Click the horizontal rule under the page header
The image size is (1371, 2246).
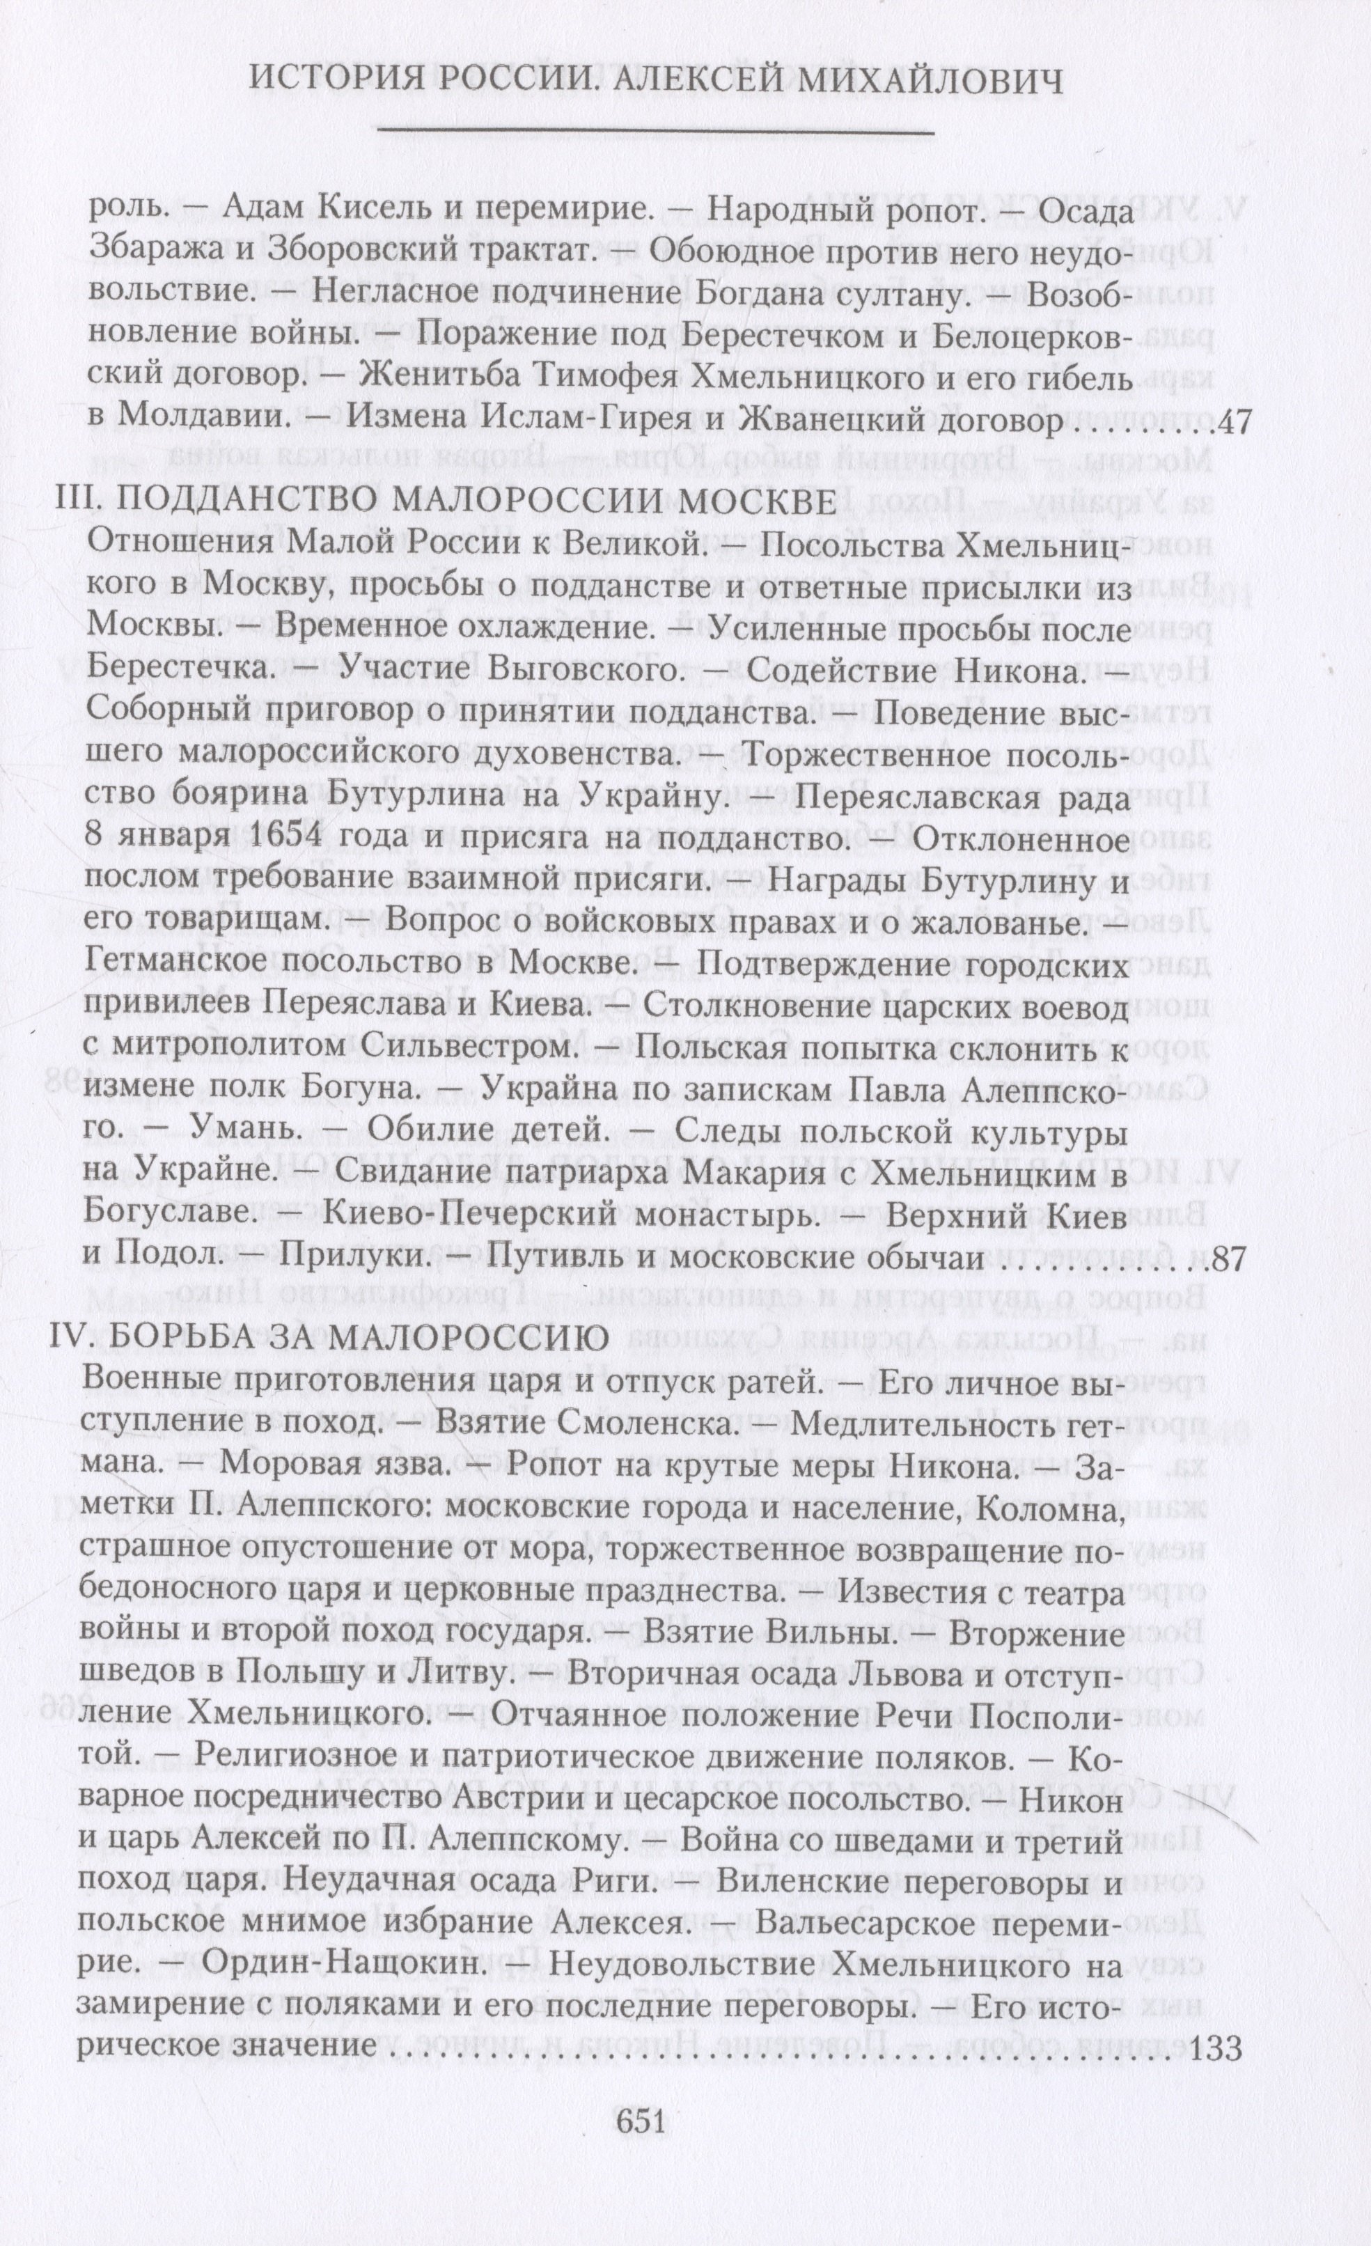pyautogui.click(x=657, y=134)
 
